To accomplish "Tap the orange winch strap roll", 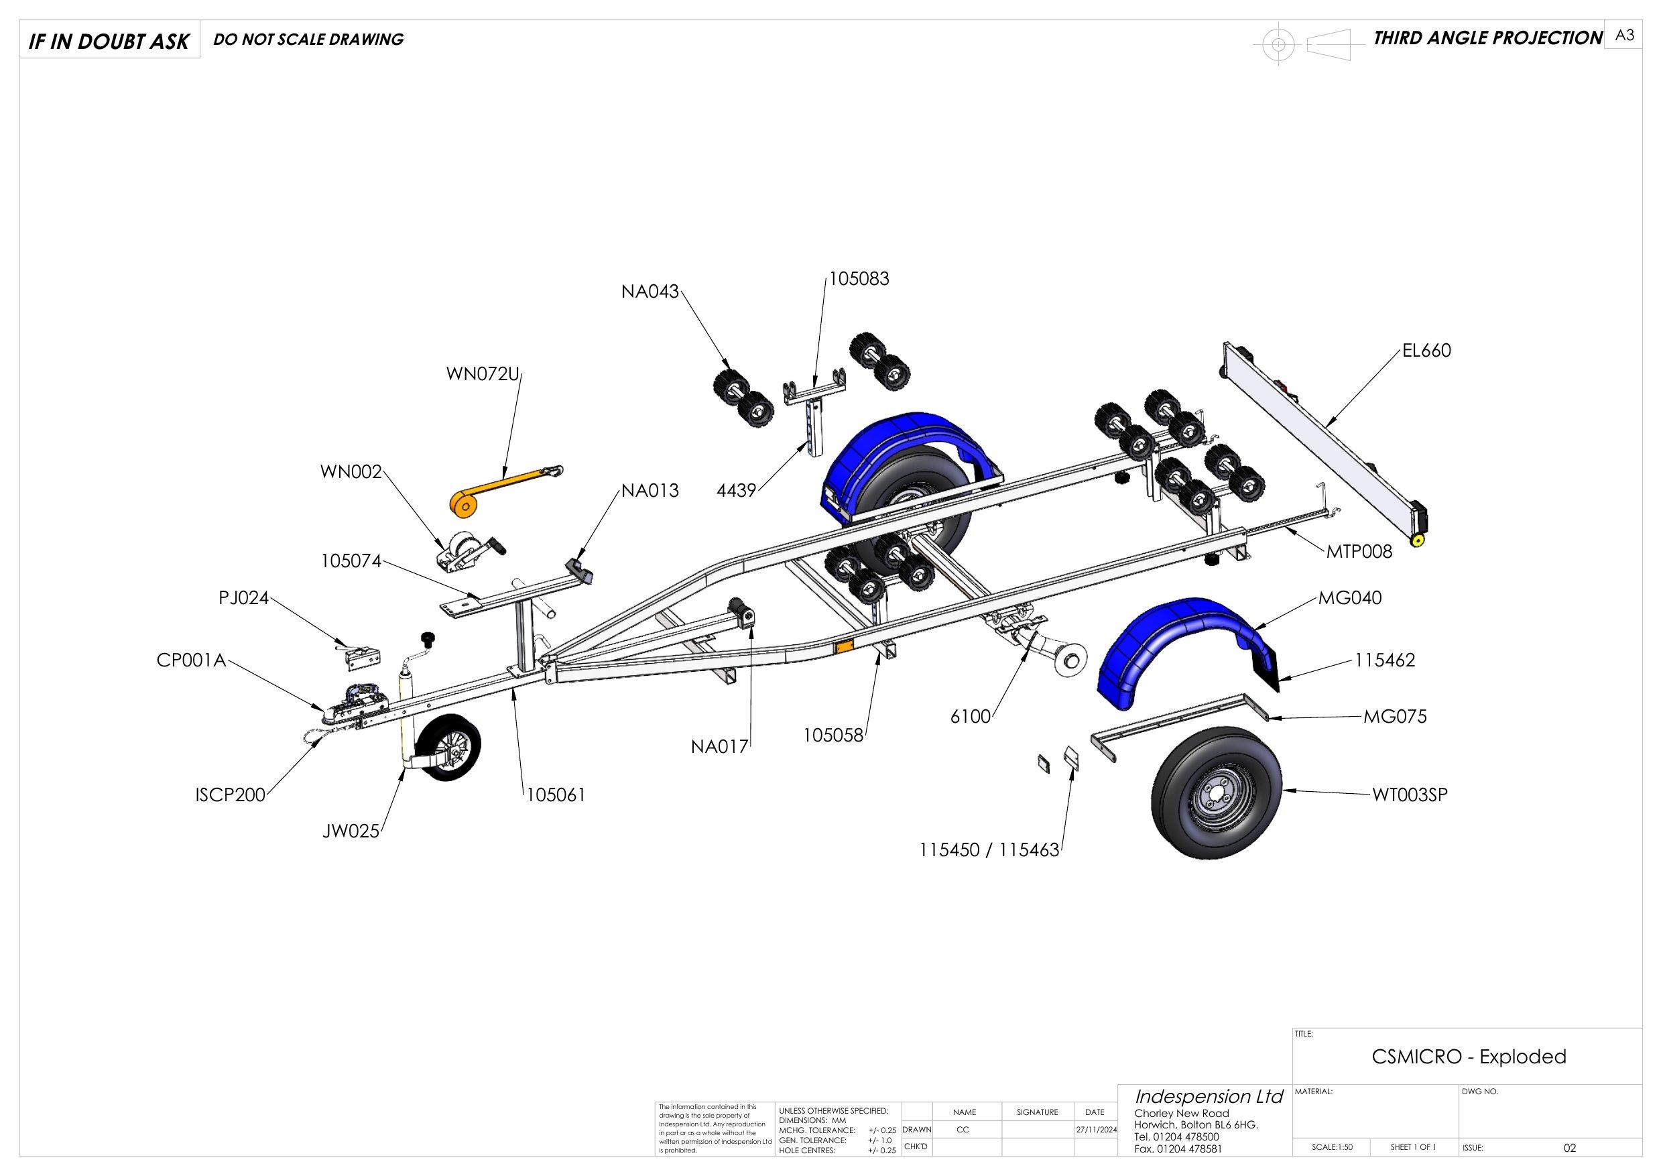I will [464, 505].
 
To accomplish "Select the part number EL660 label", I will [1426, 351].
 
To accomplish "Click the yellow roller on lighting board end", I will [1418, 540].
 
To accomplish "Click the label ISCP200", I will [231, 795].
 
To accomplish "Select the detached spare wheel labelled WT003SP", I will [1215, 796].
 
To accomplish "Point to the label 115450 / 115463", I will [989, 850].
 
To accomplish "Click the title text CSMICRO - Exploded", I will [1468, 1057].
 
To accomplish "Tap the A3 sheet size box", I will [1625, 36].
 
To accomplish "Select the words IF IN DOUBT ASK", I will [109, 42].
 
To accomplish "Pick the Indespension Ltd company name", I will [1209, 1096].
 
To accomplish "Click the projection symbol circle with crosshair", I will [1278, 45].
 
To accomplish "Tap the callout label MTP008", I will [1359, 552].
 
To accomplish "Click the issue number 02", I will [1570, 1148].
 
